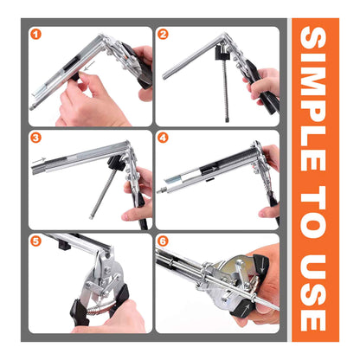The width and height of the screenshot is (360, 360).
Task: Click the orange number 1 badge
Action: [x=36, y=35]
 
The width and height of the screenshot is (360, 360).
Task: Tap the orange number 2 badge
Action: [x=164, y=35]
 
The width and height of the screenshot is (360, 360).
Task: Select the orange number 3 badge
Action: [x=36, y=138]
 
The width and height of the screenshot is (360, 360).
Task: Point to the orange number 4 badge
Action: [x=164, y=138]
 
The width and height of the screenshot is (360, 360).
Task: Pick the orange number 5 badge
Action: [x=36, y=241]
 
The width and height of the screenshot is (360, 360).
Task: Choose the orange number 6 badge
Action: [x=164, y=241]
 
